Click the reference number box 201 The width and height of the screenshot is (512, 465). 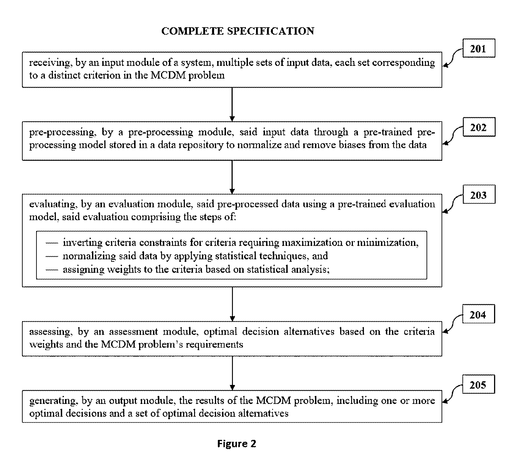[479, 48]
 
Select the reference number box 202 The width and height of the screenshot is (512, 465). [479, 127]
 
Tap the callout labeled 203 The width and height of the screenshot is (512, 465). [479, 194]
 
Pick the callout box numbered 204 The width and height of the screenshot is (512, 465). [479, 314]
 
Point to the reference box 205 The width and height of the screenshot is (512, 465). [479, 384]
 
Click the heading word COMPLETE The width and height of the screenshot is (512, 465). [193, 31]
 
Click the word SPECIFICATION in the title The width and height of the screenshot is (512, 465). [271, 31]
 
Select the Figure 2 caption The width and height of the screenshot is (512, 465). [237, 443]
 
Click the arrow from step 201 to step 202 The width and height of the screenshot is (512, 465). [232, 104]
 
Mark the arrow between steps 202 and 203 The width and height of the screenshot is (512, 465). [232, 177]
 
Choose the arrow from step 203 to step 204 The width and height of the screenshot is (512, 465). [232, 304]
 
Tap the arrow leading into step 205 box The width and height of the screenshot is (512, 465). [232, 373]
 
